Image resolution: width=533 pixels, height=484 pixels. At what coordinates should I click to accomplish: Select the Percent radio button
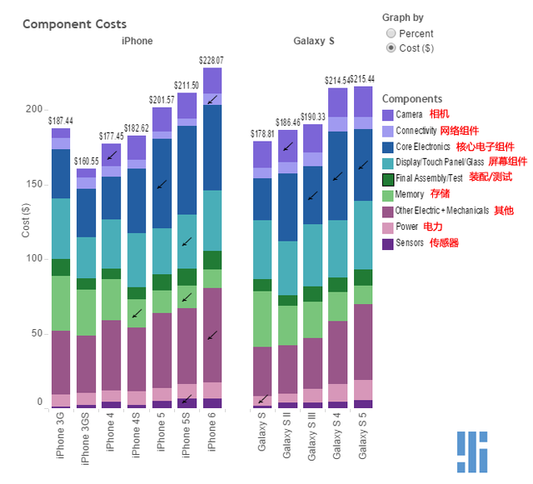coord(391,33)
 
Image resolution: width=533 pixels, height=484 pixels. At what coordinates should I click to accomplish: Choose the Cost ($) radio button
coord(391,48)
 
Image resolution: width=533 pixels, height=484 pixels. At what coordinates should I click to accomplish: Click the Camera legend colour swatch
coord(388,115)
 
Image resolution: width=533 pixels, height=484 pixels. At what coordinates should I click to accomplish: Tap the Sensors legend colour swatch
coord(388,243)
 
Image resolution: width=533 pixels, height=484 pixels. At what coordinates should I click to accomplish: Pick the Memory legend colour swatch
coord(388,195)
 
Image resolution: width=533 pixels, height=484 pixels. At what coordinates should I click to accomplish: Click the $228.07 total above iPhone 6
coord(212,60)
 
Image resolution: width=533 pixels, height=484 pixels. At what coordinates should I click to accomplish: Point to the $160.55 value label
coord(87,162)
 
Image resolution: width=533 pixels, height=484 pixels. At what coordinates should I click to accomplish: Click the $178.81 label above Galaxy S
coord(263,134)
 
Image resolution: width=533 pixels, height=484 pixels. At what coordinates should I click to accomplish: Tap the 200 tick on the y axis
coord(33,109)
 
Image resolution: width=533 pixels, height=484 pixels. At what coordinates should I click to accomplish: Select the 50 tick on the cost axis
coord(36,333)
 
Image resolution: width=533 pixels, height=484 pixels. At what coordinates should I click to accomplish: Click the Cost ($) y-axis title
coord(26,221)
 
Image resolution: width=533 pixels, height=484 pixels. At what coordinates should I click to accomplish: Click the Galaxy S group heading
coord(314,41)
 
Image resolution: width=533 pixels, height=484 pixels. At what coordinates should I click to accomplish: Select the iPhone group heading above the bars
coord(137,41)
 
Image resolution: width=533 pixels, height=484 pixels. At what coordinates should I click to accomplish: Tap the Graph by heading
coord(402,17)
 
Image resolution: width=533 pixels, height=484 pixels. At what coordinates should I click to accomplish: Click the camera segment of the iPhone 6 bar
coord(212,80)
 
